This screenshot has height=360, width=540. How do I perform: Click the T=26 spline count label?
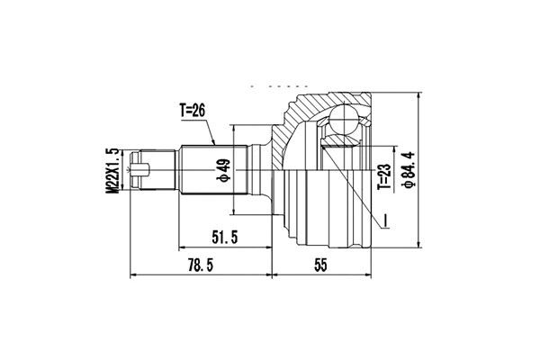(x=194, y=112)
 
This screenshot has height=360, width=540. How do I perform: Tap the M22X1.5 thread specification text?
(x=112, y=169)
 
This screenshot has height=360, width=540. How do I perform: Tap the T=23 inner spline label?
(x=383, y=184)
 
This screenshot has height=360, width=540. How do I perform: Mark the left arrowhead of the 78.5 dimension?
(x=135, y=273)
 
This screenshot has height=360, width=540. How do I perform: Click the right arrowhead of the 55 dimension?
(x=371, y=273)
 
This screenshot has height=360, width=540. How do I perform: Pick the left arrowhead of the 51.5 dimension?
(x=185, y=244)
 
